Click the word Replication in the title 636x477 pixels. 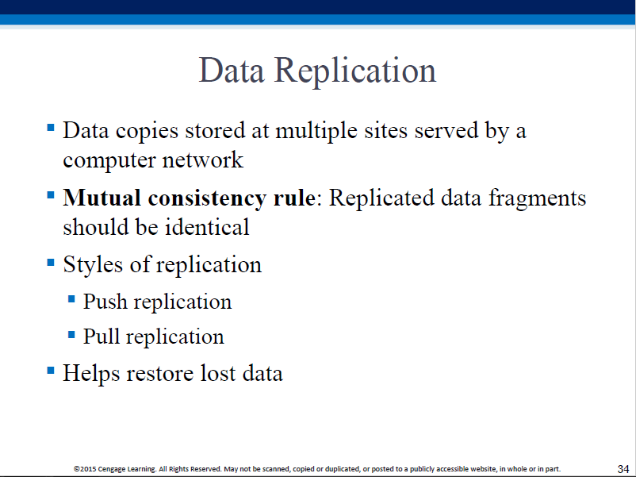[355, 72]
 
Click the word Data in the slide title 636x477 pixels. [232, 70]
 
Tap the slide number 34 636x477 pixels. [623, 469]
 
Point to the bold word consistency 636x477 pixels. [207, 199]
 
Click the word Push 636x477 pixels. [105, 302]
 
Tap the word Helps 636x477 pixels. [91, 374]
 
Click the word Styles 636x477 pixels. [93, 264]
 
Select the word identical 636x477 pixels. [207, 227]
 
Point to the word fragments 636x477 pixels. [537, 199]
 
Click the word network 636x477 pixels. [203, 160]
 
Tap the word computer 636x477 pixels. [109, 161]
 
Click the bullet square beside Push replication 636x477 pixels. [72, 299]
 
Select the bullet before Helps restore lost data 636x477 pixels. [51, 370]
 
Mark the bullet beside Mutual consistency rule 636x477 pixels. [51, 195]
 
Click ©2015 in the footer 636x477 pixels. [85, 469]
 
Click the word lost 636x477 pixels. [218, 373]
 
